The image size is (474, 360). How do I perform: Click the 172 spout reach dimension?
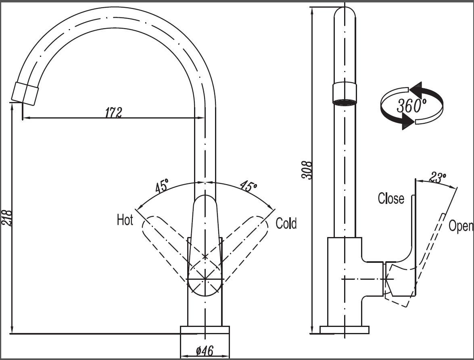click(113, 112)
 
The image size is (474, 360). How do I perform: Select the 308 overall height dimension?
click(307, 170)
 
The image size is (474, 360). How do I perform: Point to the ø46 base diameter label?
click(205, 351)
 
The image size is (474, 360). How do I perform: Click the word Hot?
click(125, 220)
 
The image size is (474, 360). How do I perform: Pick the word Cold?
click(286, 223)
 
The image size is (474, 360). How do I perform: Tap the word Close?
click(391, 198)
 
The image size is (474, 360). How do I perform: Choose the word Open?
click(461, 226)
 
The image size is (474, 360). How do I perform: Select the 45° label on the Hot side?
click(162, 187)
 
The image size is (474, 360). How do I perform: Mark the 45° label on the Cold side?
click(248, 186)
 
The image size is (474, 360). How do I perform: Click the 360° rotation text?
click(411, 105)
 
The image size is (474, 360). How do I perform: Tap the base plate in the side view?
click(345, 330)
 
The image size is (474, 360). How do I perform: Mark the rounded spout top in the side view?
click(345, 14)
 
